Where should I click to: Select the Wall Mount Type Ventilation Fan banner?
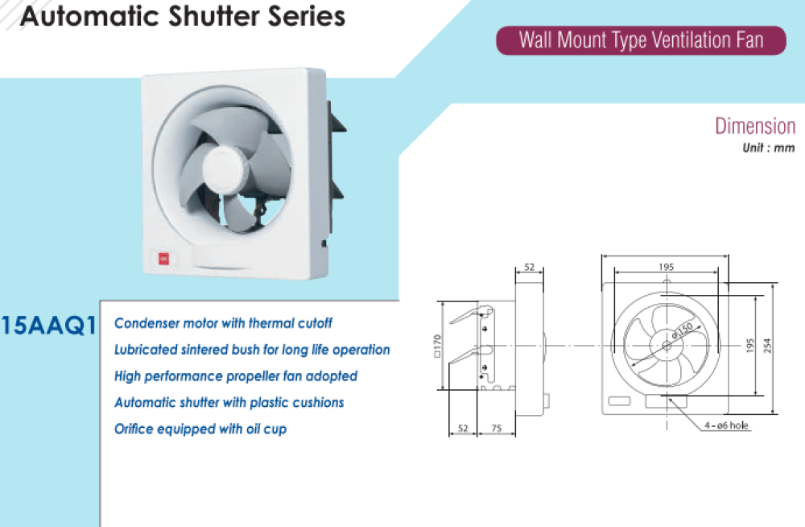[x=641, y=40]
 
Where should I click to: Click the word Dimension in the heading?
[x=755, y=127]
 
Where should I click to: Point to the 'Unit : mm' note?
[x=769, y=148]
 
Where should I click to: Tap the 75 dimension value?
[x=496, y=429]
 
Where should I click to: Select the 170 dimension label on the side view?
[x=437, y=345]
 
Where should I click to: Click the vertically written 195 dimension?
[x=749, y=345]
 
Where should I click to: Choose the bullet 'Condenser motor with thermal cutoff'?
[x=223, y=323]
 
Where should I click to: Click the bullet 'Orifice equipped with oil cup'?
[x=200, y=429]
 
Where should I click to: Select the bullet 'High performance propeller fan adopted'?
[x=236, y=376]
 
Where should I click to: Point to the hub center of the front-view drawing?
[x=667, y=346]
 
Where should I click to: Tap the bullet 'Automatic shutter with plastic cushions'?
[x=229, y=402]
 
